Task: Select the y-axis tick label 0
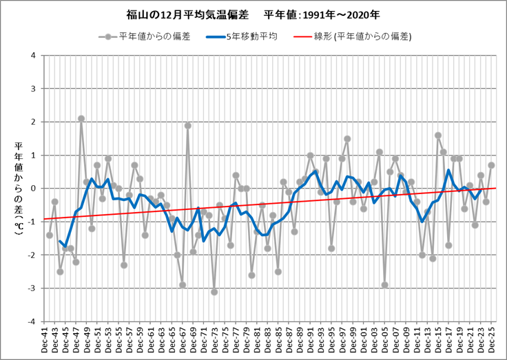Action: pyautogui.click(x=35, y=189)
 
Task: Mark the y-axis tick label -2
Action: pyautogui.click(x=33, y=255)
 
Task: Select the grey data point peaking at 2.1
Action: pyautogui.click(x=81, y=118)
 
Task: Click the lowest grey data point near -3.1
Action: pyautogui.click(x=214, y=292)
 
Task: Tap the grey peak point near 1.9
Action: pyautogui.click(x=187, y=125)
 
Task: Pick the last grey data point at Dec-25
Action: pyautogui.click(x=491, y=165)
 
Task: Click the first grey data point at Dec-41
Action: pyautogui.click(x=50, y=235)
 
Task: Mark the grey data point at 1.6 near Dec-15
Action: pyautogui.click(x=438, y=136)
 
